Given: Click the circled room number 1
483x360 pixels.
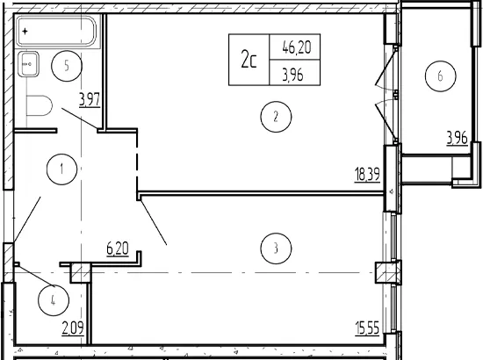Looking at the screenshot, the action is tap(62, 169).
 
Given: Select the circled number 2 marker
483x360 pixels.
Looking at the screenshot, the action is tap(276, 117).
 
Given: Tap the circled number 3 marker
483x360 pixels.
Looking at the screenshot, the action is tap(276, 248).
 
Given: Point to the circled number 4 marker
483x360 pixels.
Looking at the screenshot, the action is tap(54, 300).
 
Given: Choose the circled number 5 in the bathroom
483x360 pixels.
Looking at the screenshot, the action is tap(67, 66).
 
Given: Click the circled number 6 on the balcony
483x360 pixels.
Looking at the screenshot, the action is tap(440, 76).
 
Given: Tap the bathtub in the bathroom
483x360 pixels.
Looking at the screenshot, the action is tap(57, 32).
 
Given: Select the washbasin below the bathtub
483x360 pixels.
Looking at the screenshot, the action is tap(28, 64).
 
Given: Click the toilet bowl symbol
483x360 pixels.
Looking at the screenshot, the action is tap(40, 105).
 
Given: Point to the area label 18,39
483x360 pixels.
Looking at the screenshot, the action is tap(367, 175).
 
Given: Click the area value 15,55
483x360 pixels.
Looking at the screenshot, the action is tap(367, 328).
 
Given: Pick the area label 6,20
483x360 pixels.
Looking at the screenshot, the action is tap(118, 248).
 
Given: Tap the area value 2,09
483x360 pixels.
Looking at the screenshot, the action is tap(73, 328).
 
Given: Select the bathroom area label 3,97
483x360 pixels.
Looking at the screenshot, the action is tap(90, 100).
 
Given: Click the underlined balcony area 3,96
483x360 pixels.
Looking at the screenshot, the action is tap(458, 138).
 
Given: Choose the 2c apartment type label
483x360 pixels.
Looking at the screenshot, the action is tap(249, 60).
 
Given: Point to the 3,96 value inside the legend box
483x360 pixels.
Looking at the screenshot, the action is tap(293, 75).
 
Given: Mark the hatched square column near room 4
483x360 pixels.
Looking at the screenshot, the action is tap(81, 273).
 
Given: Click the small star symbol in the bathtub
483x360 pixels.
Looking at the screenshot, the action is tap(25, 31).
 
